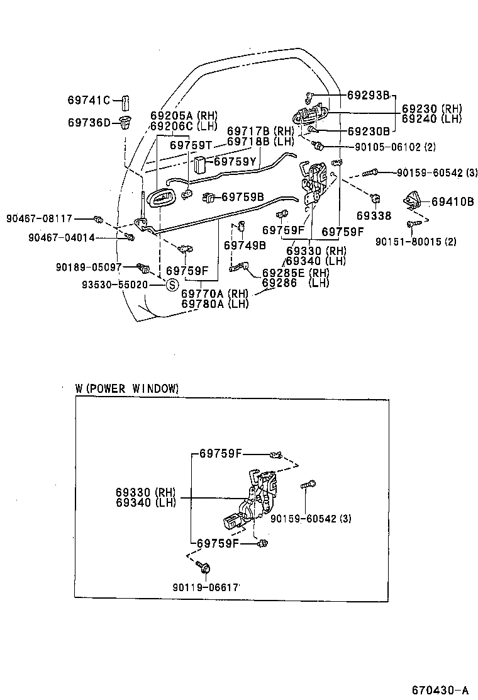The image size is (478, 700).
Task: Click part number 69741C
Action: click(89, 100)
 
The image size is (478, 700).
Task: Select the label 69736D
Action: click(89, 122)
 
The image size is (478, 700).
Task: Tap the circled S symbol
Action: click(170, 285)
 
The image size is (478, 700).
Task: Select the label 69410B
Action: click(453, 202)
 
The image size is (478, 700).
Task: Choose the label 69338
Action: click(374, 215)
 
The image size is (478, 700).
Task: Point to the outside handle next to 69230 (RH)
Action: click(309, 115)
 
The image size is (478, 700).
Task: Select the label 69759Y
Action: click(235, 162)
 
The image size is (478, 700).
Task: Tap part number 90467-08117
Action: click(40, 218)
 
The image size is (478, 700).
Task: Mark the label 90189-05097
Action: click(92, 268)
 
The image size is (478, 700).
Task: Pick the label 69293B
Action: click(369, 96)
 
